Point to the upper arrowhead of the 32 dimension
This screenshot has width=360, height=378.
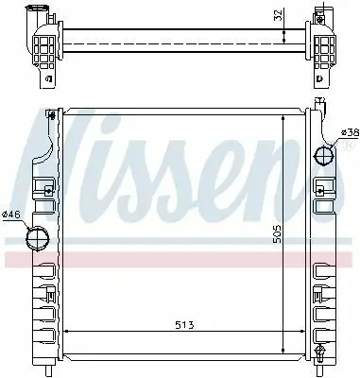click(x=283, y=29)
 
